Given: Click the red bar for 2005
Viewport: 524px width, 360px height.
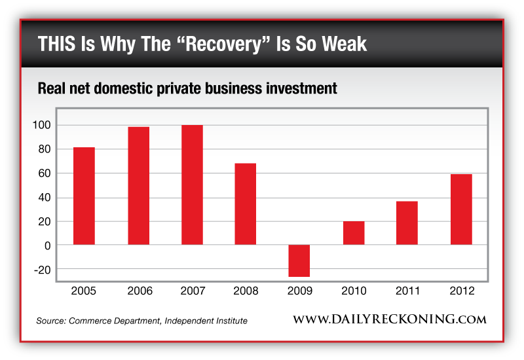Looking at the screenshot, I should [84, 196].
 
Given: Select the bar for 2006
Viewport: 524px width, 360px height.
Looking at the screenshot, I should [138, 186].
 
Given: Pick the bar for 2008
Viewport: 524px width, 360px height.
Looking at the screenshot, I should [246, 204].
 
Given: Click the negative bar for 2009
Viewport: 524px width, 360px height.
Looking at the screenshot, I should [299, 261].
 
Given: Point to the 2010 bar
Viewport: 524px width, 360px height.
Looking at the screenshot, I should [354, 233].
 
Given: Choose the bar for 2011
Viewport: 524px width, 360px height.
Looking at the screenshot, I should [407, 223].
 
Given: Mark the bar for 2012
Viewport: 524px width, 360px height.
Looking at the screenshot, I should [461, 209].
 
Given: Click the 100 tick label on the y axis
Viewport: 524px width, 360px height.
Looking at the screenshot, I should [41, 125].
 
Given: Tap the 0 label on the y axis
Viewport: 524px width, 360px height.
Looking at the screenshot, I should [46, 245].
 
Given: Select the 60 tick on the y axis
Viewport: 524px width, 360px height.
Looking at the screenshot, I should [43, 173].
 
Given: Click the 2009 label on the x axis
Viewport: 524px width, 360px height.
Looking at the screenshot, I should [299, 291].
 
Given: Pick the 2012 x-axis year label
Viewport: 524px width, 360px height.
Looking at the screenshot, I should [461, 291].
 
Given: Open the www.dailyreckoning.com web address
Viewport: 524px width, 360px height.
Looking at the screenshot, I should [390, 320].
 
